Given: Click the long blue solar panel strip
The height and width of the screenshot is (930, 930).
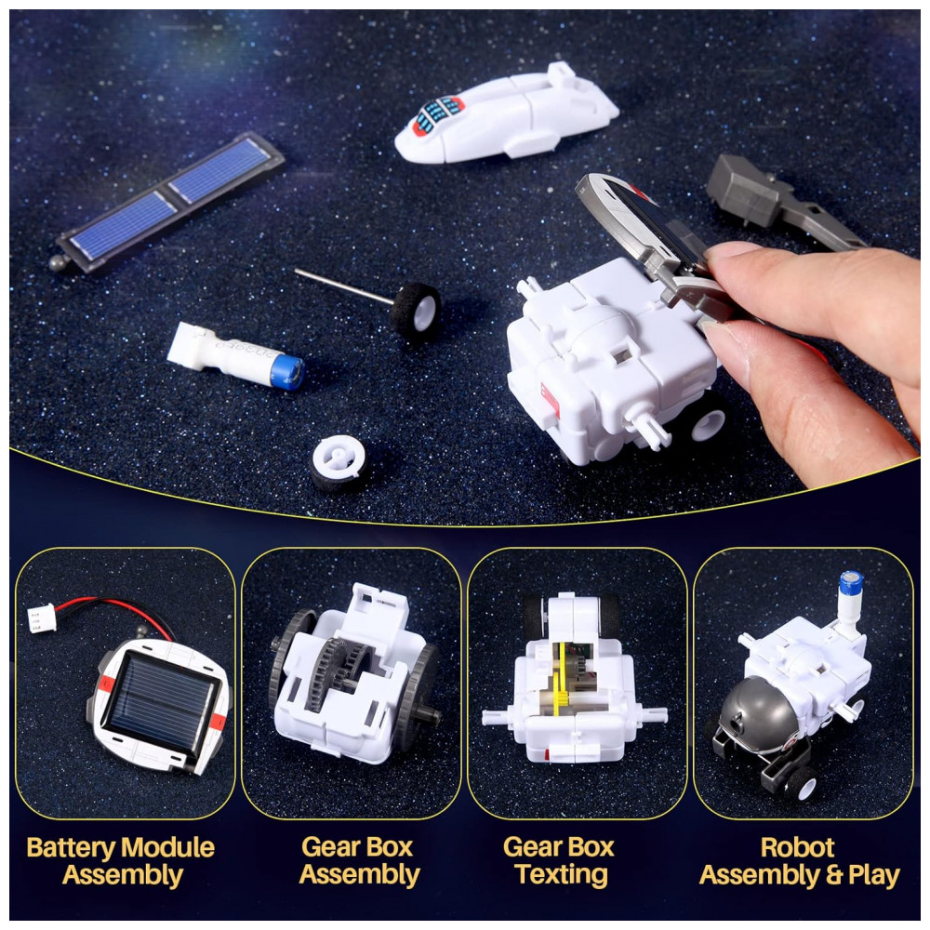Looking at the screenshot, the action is pos(171,201).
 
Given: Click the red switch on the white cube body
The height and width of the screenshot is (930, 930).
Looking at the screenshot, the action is pos(550,399).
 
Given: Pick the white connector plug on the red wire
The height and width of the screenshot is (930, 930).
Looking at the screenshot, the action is pos(41,618).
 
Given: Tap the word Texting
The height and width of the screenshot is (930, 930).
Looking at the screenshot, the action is pos(561,875).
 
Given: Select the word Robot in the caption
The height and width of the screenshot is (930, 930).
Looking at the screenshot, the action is pos(798,847).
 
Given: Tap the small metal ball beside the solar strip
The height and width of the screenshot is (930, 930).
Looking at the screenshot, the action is pos(58,263).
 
